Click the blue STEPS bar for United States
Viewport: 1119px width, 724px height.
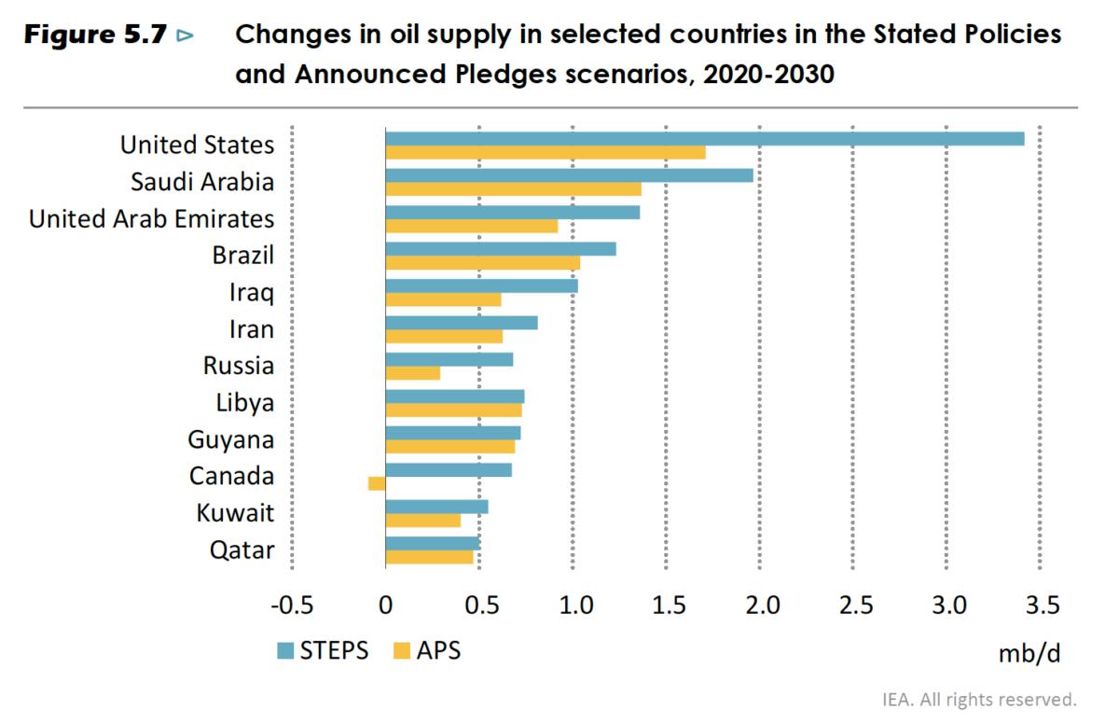coord(704,139)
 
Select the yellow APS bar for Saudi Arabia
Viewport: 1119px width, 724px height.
coord(513,189)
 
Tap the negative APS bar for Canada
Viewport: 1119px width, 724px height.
coord(377,483)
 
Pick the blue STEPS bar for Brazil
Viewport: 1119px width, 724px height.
coord(500,249)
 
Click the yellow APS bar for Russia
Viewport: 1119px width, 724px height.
coord(412,373)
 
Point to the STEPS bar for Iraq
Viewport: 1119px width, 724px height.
coord(481,285)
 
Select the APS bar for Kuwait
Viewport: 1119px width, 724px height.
coord(422,521)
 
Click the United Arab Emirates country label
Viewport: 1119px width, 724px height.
coord(152,218)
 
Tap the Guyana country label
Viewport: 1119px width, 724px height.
coord(230,439)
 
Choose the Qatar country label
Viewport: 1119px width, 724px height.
coord(242,550)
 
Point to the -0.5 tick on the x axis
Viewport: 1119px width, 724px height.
coord(291,606)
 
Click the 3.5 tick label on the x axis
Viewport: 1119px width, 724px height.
coord(1042,606)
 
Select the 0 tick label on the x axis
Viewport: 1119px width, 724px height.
coord(385,606)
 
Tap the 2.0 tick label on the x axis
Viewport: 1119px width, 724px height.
coord(761,606)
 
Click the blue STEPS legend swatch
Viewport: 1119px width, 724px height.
coord(284,650)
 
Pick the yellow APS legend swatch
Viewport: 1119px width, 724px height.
coord(402,650)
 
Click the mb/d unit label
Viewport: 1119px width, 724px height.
coord(1029,653)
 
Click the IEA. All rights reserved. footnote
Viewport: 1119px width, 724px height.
coord(979,699)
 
